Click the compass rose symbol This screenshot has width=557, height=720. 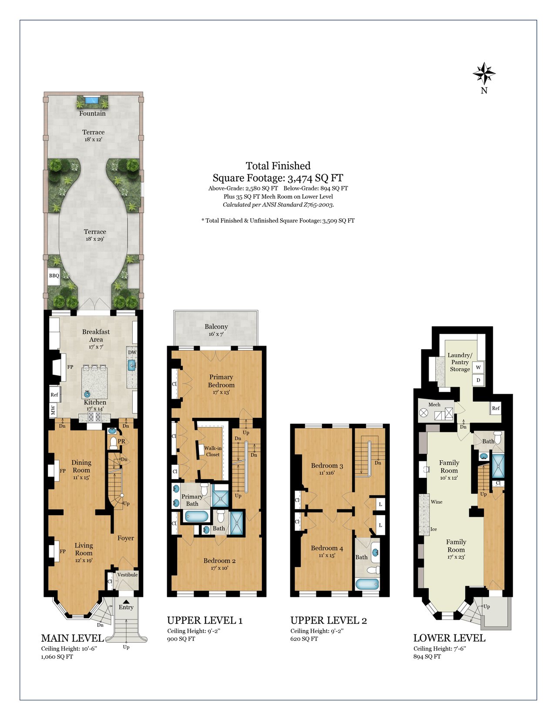[484, 73]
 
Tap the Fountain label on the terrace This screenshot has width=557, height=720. [92, 113]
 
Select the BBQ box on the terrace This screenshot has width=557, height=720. [54, 276]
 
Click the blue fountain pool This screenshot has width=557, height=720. [92, 100]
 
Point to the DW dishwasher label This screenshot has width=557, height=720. [132, 352]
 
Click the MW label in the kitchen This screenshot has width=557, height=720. [53, 410]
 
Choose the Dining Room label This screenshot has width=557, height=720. [81, 466]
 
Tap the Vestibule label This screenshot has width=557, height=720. [128, 575]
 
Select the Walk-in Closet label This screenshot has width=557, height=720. [213, 451]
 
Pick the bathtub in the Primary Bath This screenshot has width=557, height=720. [197, 516]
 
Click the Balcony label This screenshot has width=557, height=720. [216, 327]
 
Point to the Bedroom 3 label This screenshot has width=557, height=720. [327, 466]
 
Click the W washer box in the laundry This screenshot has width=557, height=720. [478, 367]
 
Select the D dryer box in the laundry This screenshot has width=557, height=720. [478, 380]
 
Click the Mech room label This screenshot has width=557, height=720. [434, 404]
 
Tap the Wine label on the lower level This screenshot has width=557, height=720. [436, 502]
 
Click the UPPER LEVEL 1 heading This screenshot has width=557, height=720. [205, 620]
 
